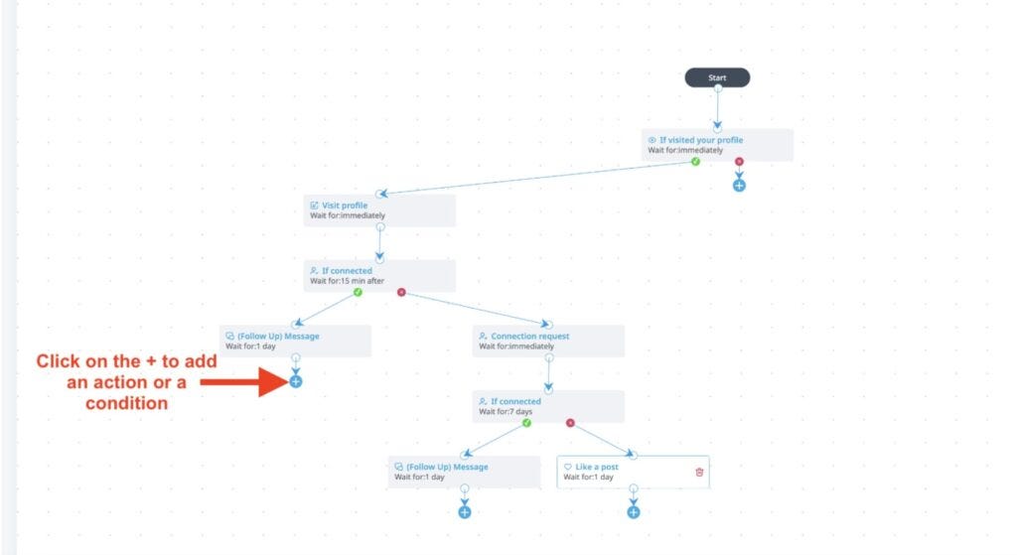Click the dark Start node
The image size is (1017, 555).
717,77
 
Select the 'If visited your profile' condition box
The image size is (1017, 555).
717,145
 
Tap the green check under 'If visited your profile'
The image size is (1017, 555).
695,162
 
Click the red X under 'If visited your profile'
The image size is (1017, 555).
739,162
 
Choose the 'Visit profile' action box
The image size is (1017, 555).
379,210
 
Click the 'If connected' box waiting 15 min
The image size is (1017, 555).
379,276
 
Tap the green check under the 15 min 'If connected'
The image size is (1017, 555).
358,293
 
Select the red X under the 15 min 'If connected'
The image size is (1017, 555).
401,293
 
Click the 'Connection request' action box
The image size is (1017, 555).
548,341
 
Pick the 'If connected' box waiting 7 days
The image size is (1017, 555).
548,406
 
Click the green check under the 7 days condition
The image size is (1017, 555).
526,423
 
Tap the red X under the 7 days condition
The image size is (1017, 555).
570,423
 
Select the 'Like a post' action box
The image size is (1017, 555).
633,472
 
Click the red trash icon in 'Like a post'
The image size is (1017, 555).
699,472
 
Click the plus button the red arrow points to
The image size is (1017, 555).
296,382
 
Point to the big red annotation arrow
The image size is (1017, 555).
244,382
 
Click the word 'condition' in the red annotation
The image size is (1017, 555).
126,403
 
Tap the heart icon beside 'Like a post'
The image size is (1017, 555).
567,467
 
